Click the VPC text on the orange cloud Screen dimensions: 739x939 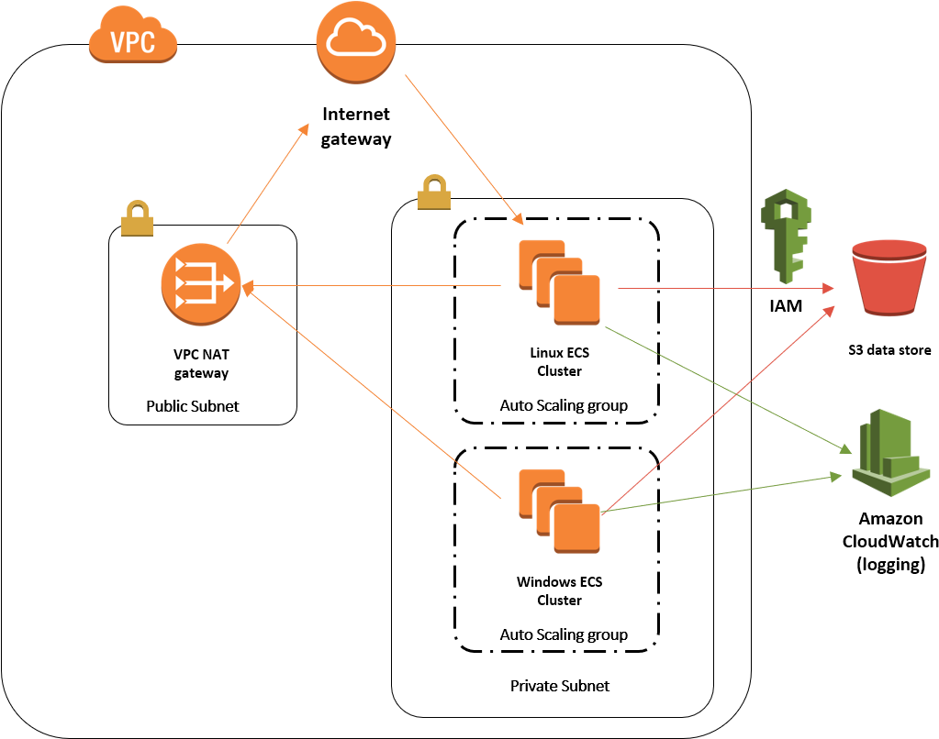[x=132, y=42]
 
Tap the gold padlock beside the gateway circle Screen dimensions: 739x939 [x=137, y=219]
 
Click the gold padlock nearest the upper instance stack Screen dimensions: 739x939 [x=434, y=193]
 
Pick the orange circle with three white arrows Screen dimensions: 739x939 [x=201, y=283]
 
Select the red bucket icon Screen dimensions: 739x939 [x=889, y=280]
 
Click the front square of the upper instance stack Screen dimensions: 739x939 [x=576, y=300]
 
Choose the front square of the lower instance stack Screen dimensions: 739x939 [x=576, y=528]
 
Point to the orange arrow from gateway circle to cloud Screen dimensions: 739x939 [x=267, y=183]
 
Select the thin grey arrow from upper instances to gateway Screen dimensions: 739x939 [x=376, y=286]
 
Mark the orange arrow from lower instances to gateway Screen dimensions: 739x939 [x=372, y=392]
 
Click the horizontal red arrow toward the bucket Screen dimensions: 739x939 [x=725, y=289]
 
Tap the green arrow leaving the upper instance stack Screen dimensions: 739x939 [x=725, y=390]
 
